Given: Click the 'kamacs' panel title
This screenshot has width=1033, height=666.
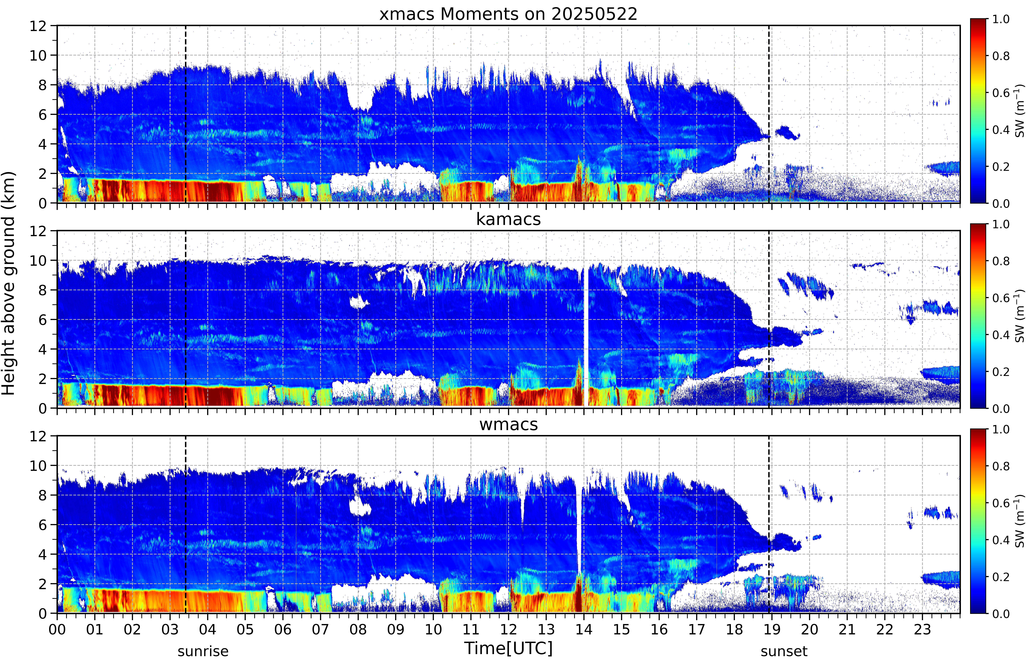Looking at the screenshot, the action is pos(508,219).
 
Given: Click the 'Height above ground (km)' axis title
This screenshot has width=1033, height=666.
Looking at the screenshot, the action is pos(9,283).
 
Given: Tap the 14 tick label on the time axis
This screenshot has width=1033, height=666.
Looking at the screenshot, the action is pos(584,629).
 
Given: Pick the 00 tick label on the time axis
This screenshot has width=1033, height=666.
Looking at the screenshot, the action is pos(57,629).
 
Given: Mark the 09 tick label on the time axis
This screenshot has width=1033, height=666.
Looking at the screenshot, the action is pos(395,629).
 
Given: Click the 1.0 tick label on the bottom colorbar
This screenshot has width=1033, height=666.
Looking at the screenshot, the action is pos(1001,429).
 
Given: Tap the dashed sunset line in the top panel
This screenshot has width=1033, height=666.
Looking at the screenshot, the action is pos(769,114).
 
